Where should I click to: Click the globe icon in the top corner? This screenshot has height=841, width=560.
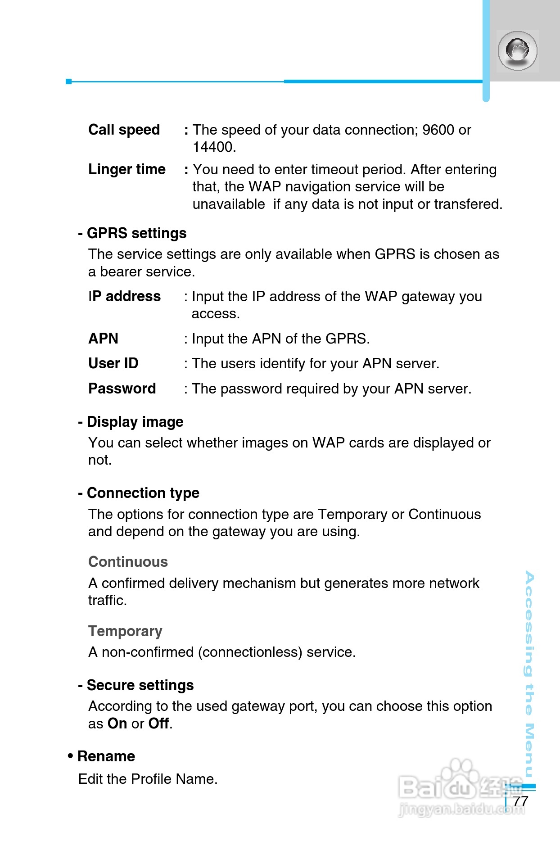[518, 50]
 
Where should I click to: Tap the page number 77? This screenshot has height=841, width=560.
[520, 801]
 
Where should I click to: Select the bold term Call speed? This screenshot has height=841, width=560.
[124, 130]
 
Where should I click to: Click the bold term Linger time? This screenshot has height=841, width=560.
[127, 169]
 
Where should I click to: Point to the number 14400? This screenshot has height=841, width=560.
[214, 147]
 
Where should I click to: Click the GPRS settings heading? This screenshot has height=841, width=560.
[136, 233]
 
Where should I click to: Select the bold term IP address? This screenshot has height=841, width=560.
[124, 296]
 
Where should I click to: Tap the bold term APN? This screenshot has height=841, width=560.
[103, 339]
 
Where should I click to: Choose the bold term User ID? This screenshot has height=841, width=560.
[113, 363]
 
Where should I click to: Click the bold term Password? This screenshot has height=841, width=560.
[122, 389]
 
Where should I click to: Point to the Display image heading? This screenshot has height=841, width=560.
[135, 422]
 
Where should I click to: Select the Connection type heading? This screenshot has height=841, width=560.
[143, 493]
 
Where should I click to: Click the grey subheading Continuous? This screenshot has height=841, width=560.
[128, 562]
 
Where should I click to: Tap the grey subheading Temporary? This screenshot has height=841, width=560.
[125, 631]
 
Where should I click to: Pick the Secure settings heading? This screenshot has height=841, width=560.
[140, 685]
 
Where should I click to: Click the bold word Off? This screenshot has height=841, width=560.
[158, 723]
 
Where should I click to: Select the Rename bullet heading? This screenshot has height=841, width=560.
[106, 756]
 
